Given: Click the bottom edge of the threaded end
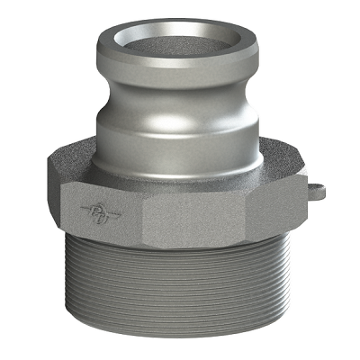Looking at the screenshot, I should (x=180, y=343).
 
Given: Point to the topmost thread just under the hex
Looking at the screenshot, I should (x=180, y=247).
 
